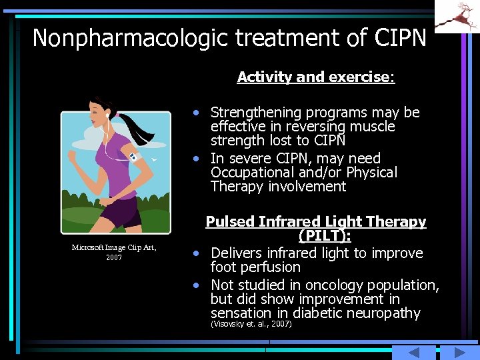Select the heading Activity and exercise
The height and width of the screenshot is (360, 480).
316,77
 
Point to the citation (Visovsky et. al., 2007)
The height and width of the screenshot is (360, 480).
251,324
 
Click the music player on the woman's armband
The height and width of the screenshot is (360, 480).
134,158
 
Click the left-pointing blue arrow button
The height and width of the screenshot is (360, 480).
413,353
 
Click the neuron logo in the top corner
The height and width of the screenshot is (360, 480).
457,15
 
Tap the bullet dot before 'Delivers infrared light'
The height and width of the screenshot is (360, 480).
197,254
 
